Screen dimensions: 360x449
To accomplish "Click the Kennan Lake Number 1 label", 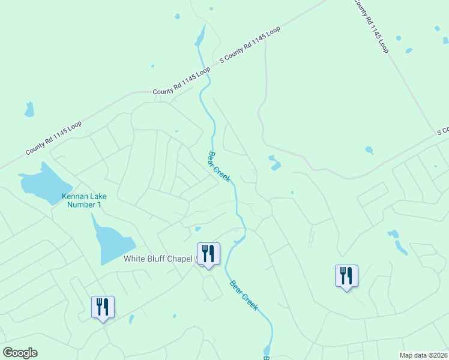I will pyautogui.click(x=82, y=200).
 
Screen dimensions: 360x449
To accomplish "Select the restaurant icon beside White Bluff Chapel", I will pyautogui.click(x=208, y=254).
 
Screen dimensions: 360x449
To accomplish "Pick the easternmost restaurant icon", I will pyautogui.click(x=346, y=276).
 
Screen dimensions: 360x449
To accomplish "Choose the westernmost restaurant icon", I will pyautogui.click(x=103, y=307).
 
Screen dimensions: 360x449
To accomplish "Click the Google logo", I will pyautogui.click(x=20, y=353).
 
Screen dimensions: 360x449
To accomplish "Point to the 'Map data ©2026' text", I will pyautogui.click(x=424, y=355).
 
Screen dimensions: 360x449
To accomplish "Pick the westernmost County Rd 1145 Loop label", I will pyautogui.click(x=53, y=139).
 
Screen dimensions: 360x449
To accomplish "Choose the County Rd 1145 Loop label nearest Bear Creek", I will pyautogui.click(x=181, y=81).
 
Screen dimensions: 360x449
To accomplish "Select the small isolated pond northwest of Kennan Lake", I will pyautogui.click(x=29, y=109).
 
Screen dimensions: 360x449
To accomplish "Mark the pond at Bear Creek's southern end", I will pyautogui.click(x=267, y=350).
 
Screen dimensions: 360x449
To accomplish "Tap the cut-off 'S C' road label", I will pyautogui.click(x=442, y=131).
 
